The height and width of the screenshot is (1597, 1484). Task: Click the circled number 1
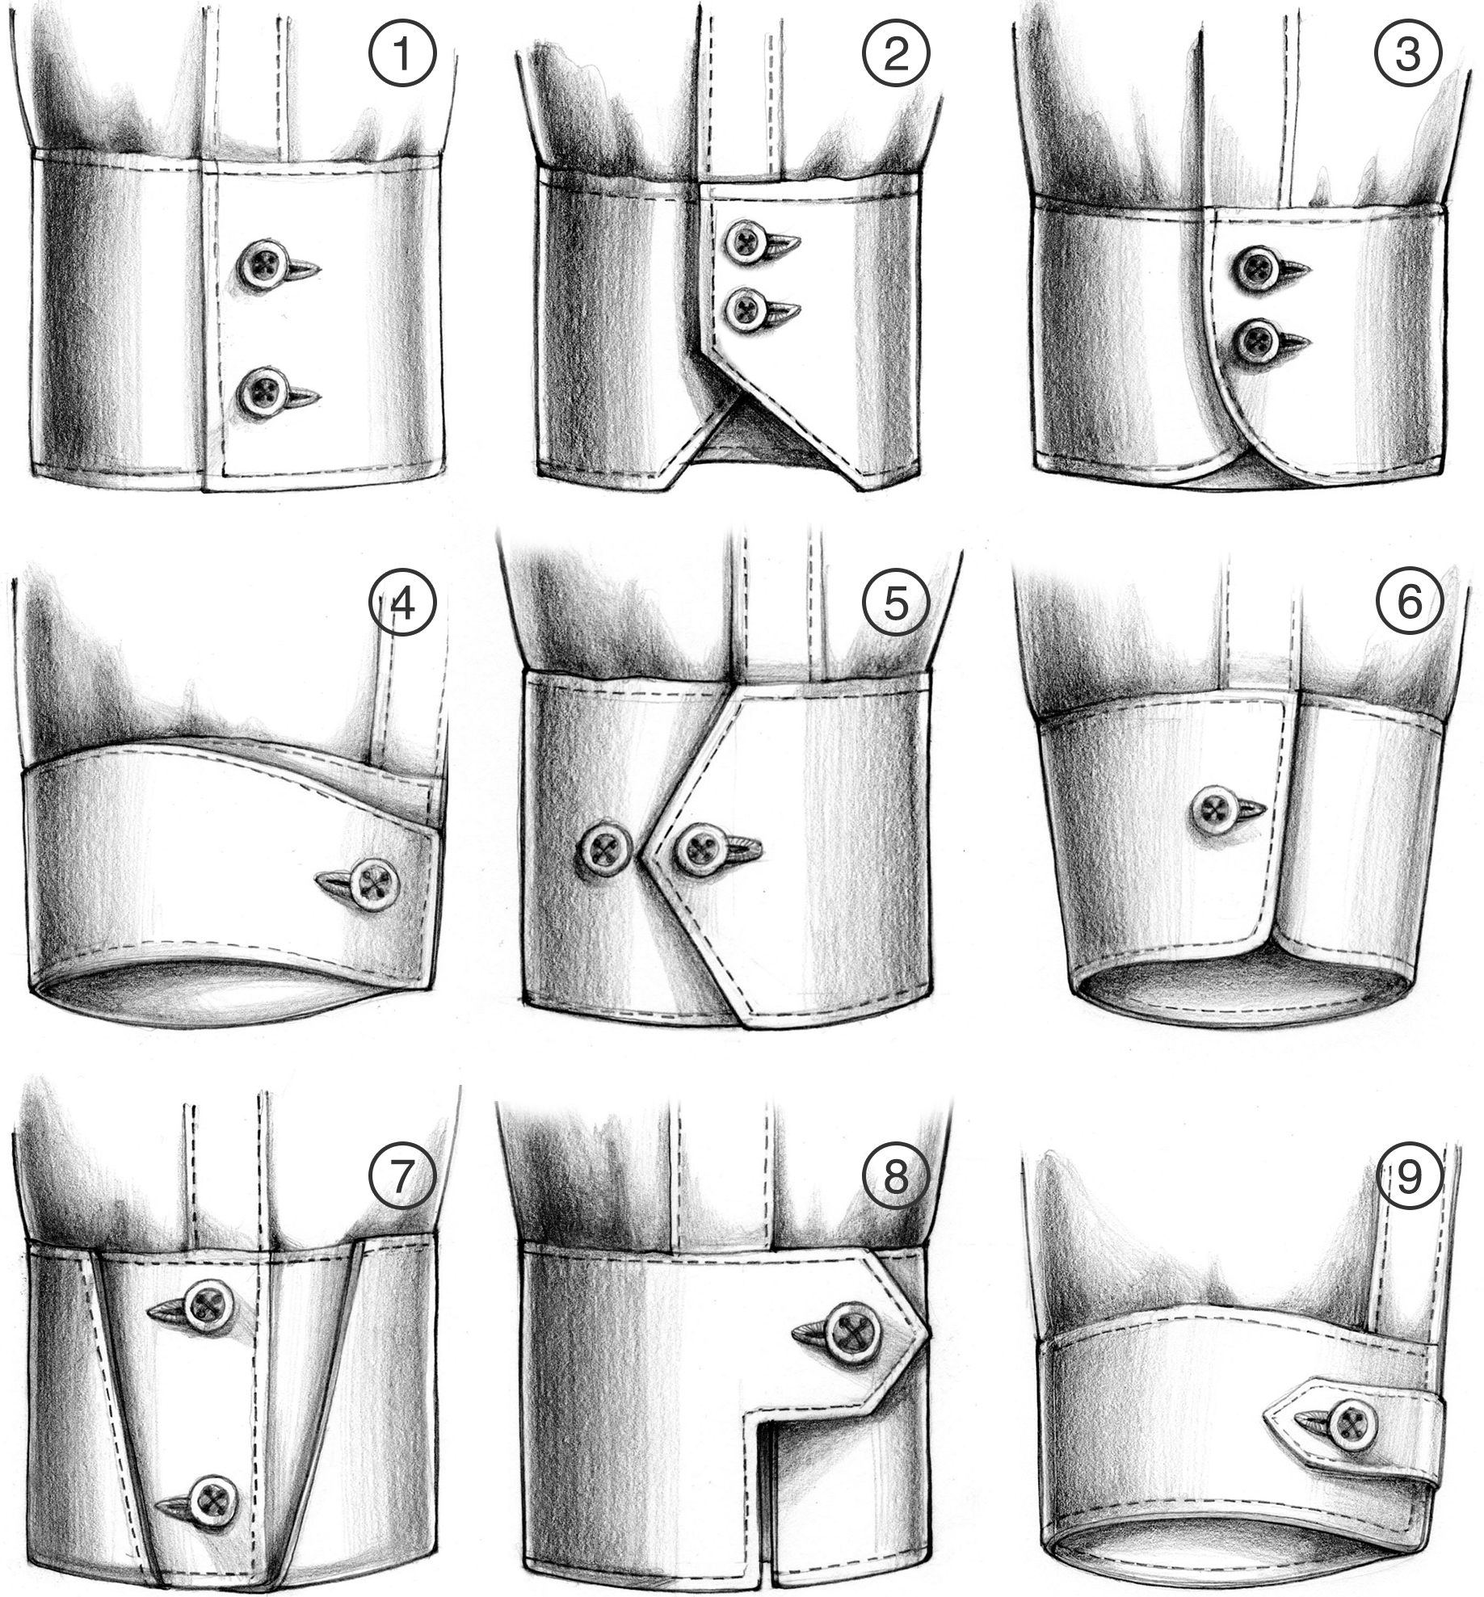401,54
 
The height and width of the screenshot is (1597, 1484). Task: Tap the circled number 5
895,602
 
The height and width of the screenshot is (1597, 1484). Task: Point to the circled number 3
1408,54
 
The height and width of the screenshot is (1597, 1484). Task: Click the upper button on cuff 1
263,263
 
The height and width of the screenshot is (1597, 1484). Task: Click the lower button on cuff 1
263,392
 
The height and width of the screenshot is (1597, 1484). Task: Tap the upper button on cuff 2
745,242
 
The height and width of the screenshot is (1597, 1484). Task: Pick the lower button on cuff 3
1257,343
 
